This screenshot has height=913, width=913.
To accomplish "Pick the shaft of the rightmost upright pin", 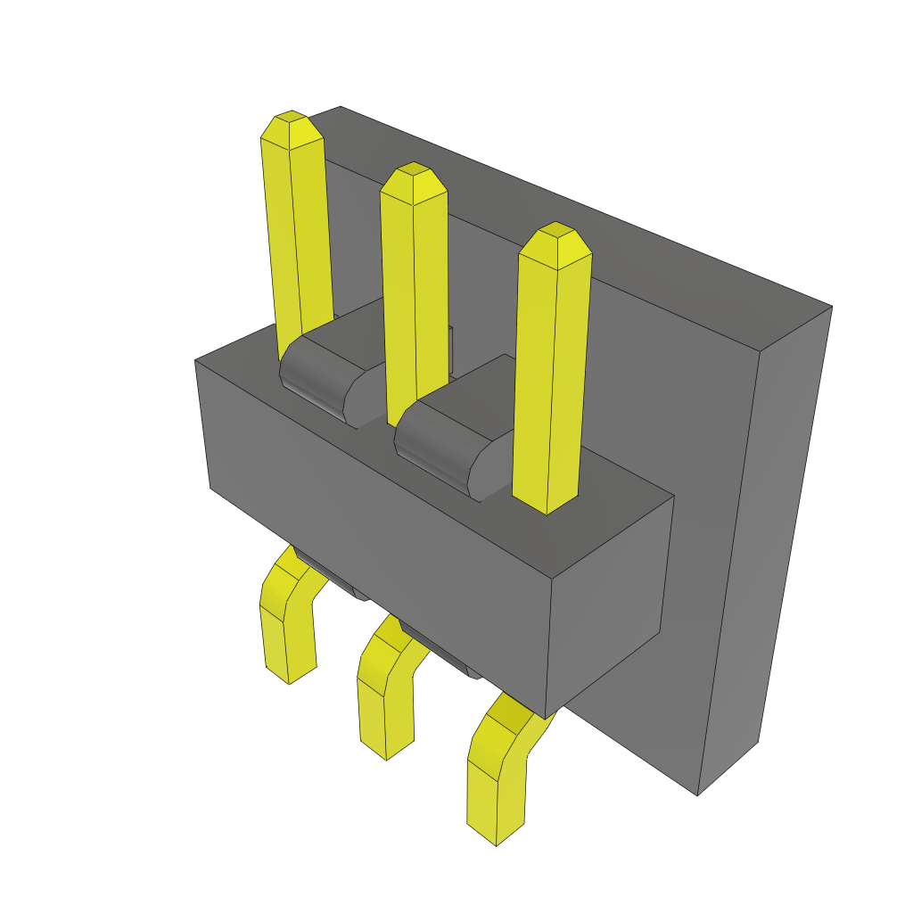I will tap(551, 374).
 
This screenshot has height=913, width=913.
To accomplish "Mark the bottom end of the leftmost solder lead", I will tap(290, 678).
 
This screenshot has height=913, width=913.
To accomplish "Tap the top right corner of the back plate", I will tap(830, 308).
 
